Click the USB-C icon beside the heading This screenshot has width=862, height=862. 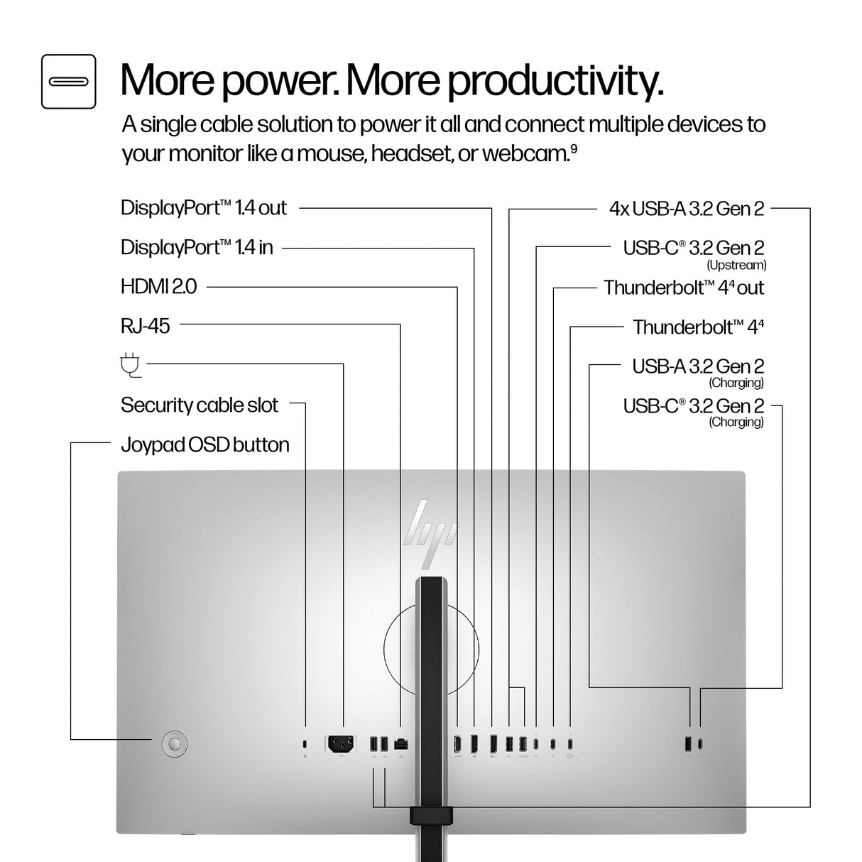[x=68, y=82]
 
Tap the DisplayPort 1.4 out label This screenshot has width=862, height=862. [x=203, y=208]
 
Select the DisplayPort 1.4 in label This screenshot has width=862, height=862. [x=197, y=247]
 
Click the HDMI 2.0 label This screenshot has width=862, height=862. [x=158, y=287]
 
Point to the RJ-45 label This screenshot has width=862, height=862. [x=146, y=326]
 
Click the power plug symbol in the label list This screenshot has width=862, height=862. [x=131, y=366]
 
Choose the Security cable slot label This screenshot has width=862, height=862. [x=200, y=405]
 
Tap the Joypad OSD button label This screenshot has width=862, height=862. [x=204, y=445]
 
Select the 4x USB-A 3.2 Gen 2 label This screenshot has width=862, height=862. [x=687, y=209]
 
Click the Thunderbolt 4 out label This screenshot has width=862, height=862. [x=684, y=288]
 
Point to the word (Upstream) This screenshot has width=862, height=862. [x=736, y=265]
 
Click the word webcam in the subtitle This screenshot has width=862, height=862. [x=526, y=153]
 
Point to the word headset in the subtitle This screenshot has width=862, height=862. [x=410, y=153]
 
